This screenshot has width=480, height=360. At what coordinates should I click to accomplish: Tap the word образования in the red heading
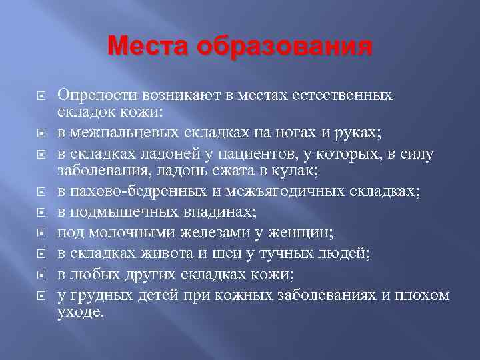tap(284, 47)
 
